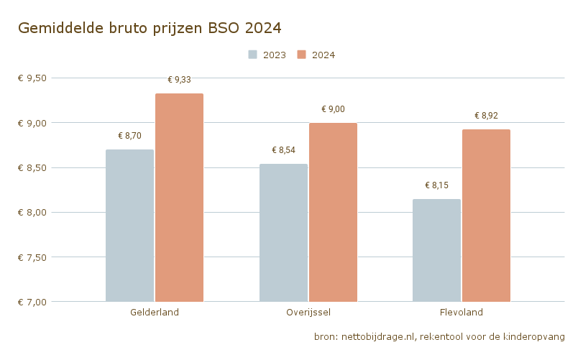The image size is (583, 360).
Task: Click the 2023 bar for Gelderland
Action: (x=129, y=226)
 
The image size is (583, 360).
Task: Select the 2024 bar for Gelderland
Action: (x=179, y=198)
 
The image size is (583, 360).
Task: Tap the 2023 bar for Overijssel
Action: (x=283, y=233)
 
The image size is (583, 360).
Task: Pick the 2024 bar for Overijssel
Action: (x=333, y=212)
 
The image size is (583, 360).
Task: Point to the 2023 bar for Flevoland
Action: (x=436, y=250)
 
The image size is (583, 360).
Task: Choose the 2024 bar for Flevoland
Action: (x=486, y=216)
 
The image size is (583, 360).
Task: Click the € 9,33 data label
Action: (x=179, y=80)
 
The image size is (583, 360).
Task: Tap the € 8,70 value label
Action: (x=129, y=136)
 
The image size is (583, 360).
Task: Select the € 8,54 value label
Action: (x=283, y=150)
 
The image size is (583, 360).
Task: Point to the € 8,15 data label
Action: (x=436, y=185)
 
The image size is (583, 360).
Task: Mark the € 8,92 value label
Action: (x=486, y=116)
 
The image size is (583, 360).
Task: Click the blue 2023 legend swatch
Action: (x=253, y=55)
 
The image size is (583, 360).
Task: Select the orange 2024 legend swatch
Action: (x=302, y=55)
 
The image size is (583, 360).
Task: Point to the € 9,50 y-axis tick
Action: (x=32, y=78)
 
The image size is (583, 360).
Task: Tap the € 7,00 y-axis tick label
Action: (x=32, y=302)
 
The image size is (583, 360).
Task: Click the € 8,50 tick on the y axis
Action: (x=32, y=168)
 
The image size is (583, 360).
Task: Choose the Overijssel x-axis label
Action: (x=308, y=313)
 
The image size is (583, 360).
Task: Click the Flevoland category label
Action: (x=461, y=313)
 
